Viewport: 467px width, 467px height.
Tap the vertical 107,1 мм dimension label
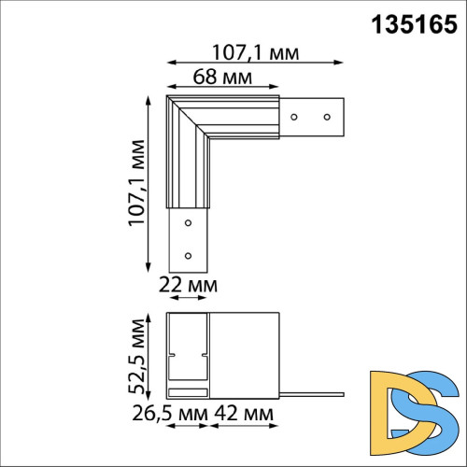[x=137, y=184]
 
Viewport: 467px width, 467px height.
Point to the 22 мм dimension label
[x=190, y=284]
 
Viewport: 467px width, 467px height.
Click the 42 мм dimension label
[x=244, y=412]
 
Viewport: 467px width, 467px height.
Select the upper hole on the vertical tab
[x=188, y=222]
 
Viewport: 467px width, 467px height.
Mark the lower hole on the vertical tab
[x=188, y=254]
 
